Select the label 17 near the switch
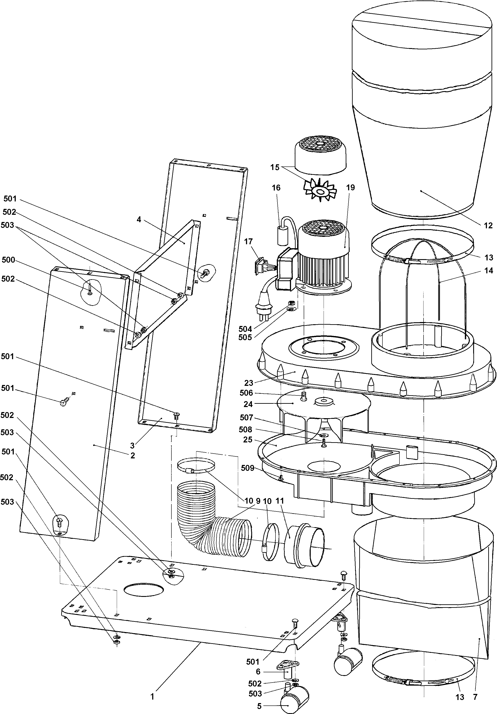point(248,241)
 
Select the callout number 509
point(248,468)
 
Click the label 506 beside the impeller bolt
point(246,393)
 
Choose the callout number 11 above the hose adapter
point(280,501)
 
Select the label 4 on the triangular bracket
point(139,220)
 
